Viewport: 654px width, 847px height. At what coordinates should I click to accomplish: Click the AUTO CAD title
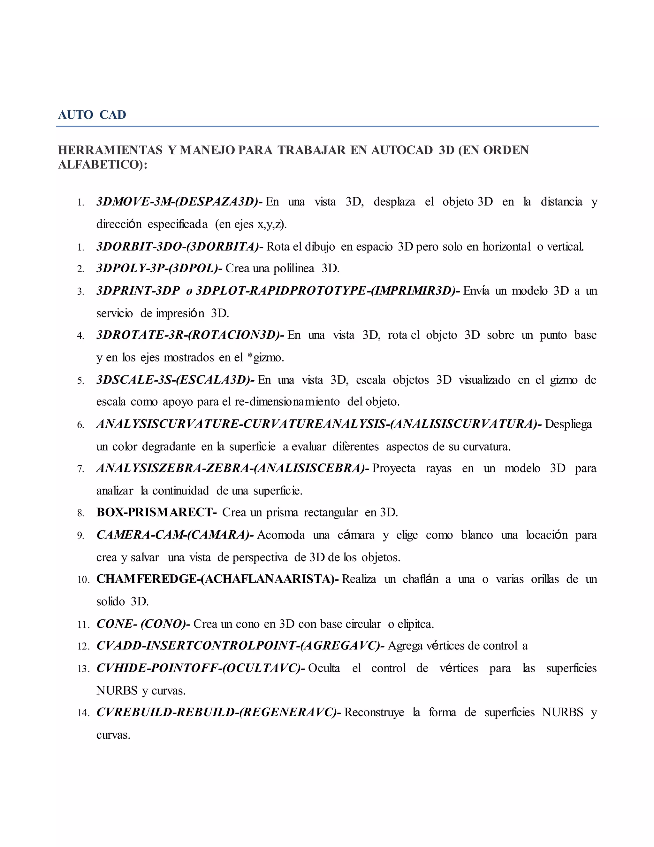coord(92,115)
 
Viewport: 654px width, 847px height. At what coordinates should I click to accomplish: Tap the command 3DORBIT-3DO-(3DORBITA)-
coord(180,246)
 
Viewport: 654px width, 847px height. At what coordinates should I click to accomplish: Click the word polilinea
coord(294,268)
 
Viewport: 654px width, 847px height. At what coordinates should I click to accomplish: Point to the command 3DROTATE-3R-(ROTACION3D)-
coord(190,335)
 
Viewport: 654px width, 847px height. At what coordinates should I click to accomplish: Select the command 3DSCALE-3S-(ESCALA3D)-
coord(175,380)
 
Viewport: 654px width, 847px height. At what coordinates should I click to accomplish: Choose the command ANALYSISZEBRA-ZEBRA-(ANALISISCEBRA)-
coord(232,469)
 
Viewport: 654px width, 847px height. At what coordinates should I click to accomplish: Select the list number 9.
coord(80,536)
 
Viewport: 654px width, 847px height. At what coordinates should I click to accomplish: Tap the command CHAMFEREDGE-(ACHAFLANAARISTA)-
coord(217,579)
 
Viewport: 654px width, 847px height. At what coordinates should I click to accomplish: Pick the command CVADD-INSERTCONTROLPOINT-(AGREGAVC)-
coord(240,646)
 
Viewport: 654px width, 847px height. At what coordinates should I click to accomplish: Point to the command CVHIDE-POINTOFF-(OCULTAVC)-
coord(201,668)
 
